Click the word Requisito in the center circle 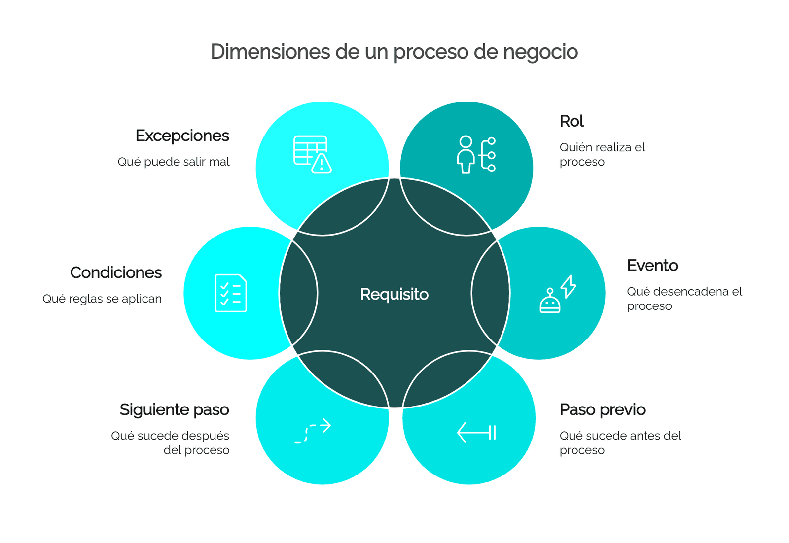[x=394, y=294]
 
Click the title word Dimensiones [x=271, y=51]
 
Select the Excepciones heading [x=182, y=136]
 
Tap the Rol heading [x=572, y=121]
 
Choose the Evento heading [x=652, y=266]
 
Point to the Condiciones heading [x=116, y=272]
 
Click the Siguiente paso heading [x=175, y=410]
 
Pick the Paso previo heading [x=603, y=410]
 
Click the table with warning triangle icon [x=313, y=155]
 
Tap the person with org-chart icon [x=476, y=155]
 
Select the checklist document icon [x=231, y=293]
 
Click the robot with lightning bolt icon [x=558, y=294]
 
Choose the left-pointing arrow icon [x=476, y=433]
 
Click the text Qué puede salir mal [x=174, y=162]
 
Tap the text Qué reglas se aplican [x=102, y=299]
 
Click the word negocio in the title [x=540, y=52]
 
